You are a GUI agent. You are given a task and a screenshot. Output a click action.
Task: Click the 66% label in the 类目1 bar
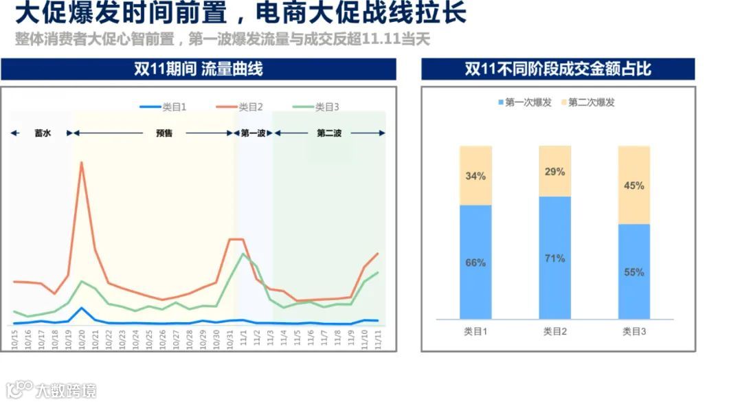pyautogui.click(x=475, y=262)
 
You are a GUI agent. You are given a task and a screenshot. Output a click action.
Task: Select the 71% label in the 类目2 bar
pyautogui.click(x=554, y=258)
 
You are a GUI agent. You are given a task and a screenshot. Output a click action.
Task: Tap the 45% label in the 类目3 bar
pyautogui.click(x=633, y=186)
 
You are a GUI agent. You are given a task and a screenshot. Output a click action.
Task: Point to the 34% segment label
pyautogui.click(x=475, y=176)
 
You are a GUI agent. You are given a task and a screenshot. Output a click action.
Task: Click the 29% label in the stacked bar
pyautogui.click(x=554, y=172)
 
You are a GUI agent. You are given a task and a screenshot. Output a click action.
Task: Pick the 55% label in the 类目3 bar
pyautogui.click(x=633, y=272)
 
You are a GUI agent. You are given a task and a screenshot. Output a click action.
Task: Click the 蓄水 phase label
pyautogui.click(x=43, y=133)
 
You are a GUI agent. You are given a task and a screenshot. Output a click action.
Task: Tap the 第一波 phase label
pyautogui.click(x=253, y=133)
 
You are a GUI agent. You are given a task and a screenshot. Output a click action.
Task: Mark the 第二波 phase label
pyautogui.click(x=329, y=133)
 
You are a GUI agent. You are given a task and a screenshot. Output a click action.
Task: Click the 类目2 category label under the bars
pyautogui.click(x=554, y=331)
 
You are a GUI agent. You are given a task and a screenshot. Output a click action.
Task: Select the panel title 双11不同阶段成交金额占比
pyautogui.click(x=558, y=69)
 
